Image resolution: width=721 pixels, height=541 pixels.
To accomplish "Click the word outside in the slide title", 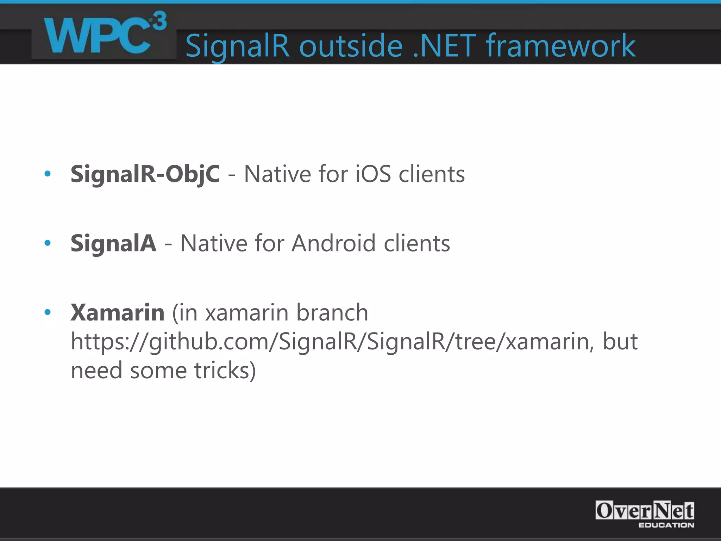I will (351, 46).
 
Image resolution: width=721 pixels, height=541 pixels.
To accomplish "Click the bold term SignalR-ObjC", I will (145, 174).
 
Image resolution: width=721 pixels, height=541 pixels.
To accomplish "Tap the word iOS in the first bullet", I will (373, 174).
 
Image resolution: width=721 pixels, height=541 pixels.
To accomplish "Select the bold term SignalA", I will (113, 243).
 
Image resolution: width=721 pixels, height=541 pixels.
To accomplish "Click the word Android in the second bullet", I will (333, 243).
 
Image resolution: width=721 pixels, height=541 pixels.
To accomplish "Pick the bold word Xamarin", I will (118, 312).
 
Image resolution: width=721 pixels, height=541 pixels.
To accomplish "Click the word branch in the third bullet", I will (332, 312).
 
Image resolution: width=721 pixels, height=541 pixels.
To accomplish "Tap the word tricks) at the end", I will (225, 371).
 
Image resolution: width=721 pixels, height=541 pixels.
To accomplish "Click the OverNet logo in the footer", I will (644, 511).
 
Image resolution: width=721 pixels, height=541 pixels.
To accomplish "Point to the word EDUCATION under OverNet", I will (666, 525).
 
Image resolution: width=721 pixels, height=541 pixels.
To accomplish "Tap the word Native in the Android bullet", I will (214, 243).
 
